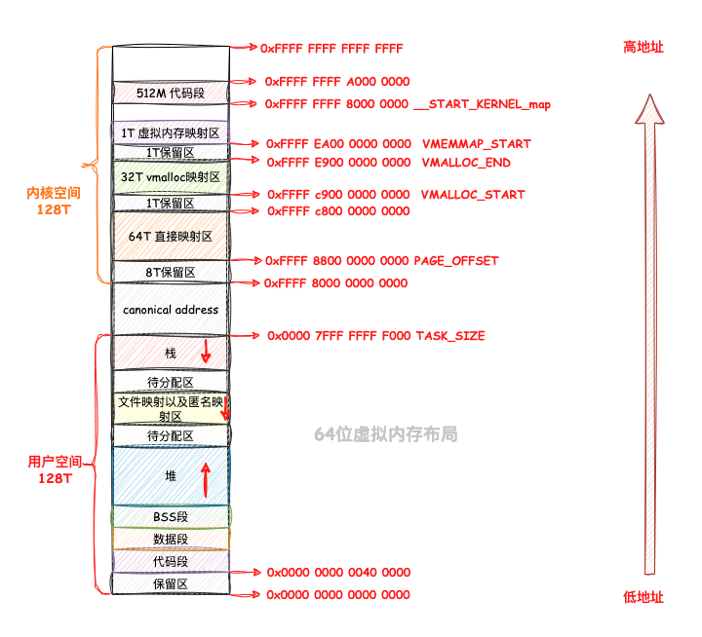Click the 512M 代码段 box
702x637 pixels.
[x=171, y=93]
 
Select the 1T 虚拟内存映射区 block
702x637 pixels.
[x=171, y=132]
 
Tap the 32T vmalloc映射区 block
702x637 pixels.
[x=171, y=177]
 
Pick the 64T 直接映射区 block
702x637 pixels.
[x=171, y=236]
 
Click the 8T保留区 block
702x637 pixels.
[x=171, y=272]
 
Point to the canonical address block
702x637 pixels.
[x=171, y=309]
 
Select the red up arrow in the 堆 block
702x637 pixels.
[x=206, y=479]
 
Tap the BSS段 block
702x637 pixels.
[x=171, y=516]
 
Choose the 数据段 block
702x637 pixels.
[x=171, y=539]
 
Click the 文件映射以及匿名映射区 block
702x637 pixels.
[x=171, y=408]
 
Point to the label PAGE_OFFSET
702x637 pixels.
[x=456, y=261]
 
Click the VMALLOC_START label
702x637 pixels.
[x=473, y=195]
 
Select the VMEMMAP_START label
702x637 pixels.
[x=477, y=144]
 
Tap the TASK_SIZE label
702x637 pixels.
[x=450, y=336]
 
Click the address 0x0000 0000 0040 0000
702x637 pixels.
[x=338, y=573]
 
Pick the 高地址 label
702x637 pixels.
[x=643, y=47]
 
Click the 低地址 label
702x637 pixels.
[x=643, y=597]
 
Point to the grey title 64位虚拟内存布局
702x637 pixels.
[x=385, y=434]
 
